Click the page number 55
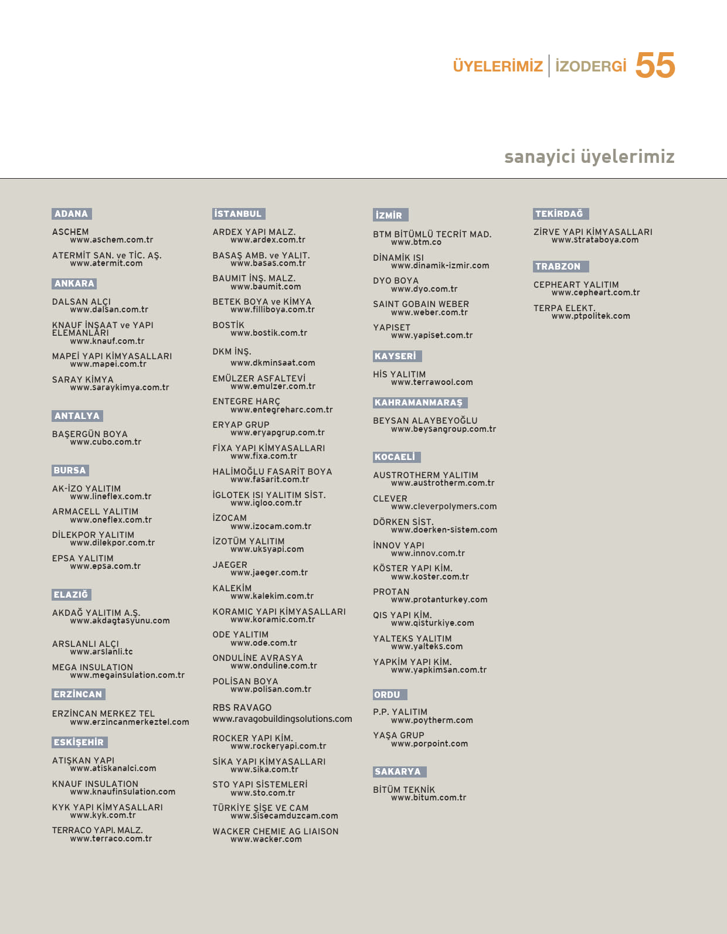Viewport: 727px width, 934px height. pyautogui.click(x=655, y=65)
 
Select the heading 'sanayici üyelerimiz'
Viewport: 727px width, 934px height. pyautogui.click(x=589, y=157)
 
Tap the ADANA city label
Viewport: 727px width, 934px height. pyautogui.click(x=72, y=214)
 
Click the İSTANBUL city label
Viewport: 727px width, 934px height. pyautogui.click(x=238, y=214)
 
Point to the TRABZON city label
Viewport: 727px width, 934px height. pyautogui.click(x=558, y=267)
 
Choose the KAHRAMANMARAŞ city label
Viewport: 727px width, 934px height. pyautogui.click(x=419, y=403)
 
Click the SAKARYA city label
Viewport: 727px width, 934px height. pyautogui.click(x=398, y=772)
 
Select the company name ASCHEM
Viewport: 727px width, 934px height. pyautogui.click(x=70, y=232)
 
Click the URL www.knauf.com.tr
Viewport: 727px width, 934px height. pyautogui.click(x=107, y=341)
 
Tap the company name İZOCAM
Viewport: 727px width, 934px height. pyautogui.click(x=230, y=518)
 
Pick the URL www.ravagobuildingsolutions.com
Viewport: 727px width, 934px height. pyautogui.click(x=282, y=719)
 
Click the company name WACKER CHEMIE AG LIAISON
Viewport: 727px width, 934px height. pyautogui.click(x=275, y=831)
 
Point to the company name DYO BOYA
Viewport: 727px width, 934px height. pyautogui.click(x=396, y=281)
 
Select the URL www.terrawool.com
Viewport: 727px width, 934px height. pyautogui.click(x=432, y=382)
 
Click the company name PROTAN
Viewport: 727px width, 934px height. pyautogui.click(x=391, y=592)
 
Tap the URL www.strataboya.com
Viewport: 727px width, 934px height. pyautogui.click(x=594, y=240)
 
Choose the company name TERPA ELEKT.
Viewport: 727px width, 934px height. pyautogui.click(x=564, y=308)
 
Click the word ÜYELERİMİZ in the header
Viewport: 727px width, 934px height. pyautogui.click(x=498, y=66)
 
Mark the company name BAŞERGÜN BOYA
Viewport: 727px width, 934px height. pyautogui.click(x=90, y=434)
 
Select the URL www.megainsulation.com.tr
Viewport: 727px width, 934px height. pyautogui.click(x=127, y=675)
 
